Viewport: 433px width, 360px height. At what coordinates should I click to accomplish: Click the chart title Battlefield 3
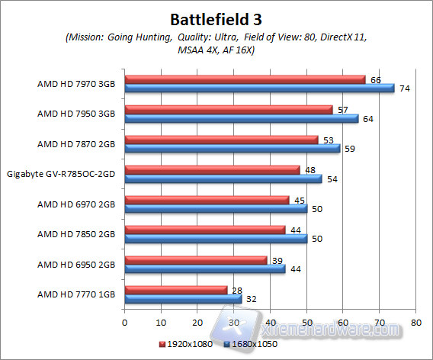coord(216,18)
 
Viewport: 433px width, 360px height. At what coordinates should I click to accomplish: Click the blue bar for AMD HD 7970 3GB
coord(259,88)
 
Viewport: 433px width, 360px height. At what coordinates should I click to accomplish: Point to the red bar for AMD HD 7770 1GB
coord(175,290)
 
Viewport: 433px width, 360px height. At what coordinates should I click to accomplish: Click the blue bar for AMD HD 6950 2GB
coord(204,268)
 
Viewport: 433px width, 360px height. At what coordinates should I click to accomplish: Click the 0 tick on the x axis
coord(124,323)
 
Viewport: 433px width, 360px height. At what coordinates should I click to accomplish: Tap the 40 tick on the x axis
coord(270,323)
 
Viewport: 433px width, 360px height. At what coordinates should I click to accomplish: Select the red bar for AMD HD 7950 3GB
coord(229,109)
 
